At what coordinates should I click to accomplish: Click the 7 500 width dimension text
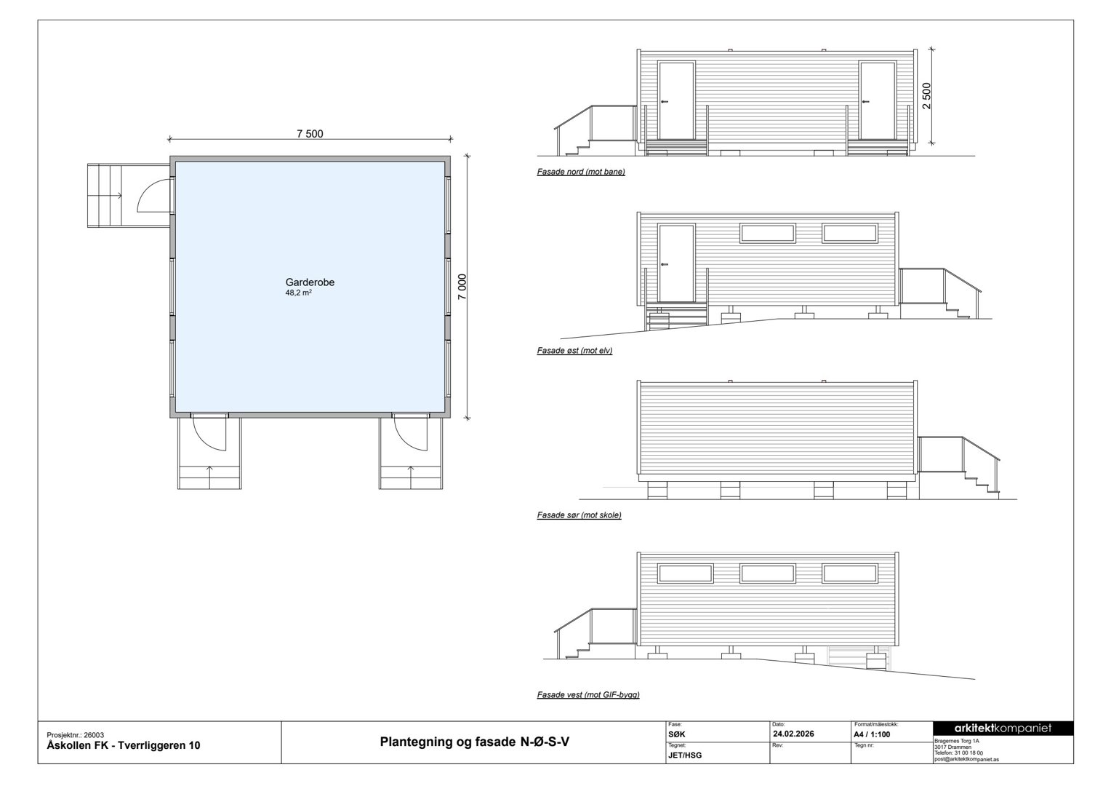coord(310,133)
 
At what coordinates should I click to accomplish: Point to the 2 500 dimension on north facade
coord(926,96)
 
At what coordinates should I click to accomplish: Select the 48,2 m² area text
coord(298,293)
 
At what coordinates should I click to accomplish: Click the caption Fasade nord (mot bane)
coord(581,172)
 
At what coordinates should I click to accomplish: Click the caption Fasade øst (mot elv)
coord(574,351)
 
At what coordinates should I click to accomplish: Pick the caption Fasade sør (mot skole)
coord(579,515)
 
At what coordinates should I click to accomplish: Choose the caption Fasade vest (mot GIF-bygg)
coord(588,695)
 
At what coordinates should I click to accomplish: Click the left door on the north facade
coord(676,100)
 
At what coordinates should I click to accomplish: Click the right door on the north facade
coord(877,100)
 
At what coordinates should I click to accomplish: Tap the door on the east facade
coord(676,263)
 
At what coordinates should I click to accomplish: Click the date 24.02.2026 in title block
coord(793,734)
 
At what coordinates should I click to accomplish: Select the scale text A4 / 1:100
coord(871,734)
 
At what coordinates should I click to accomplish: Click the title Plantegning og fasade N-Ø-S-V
coord(475,742)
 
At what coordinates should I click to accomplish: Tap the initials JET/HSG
coord(684,755)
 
